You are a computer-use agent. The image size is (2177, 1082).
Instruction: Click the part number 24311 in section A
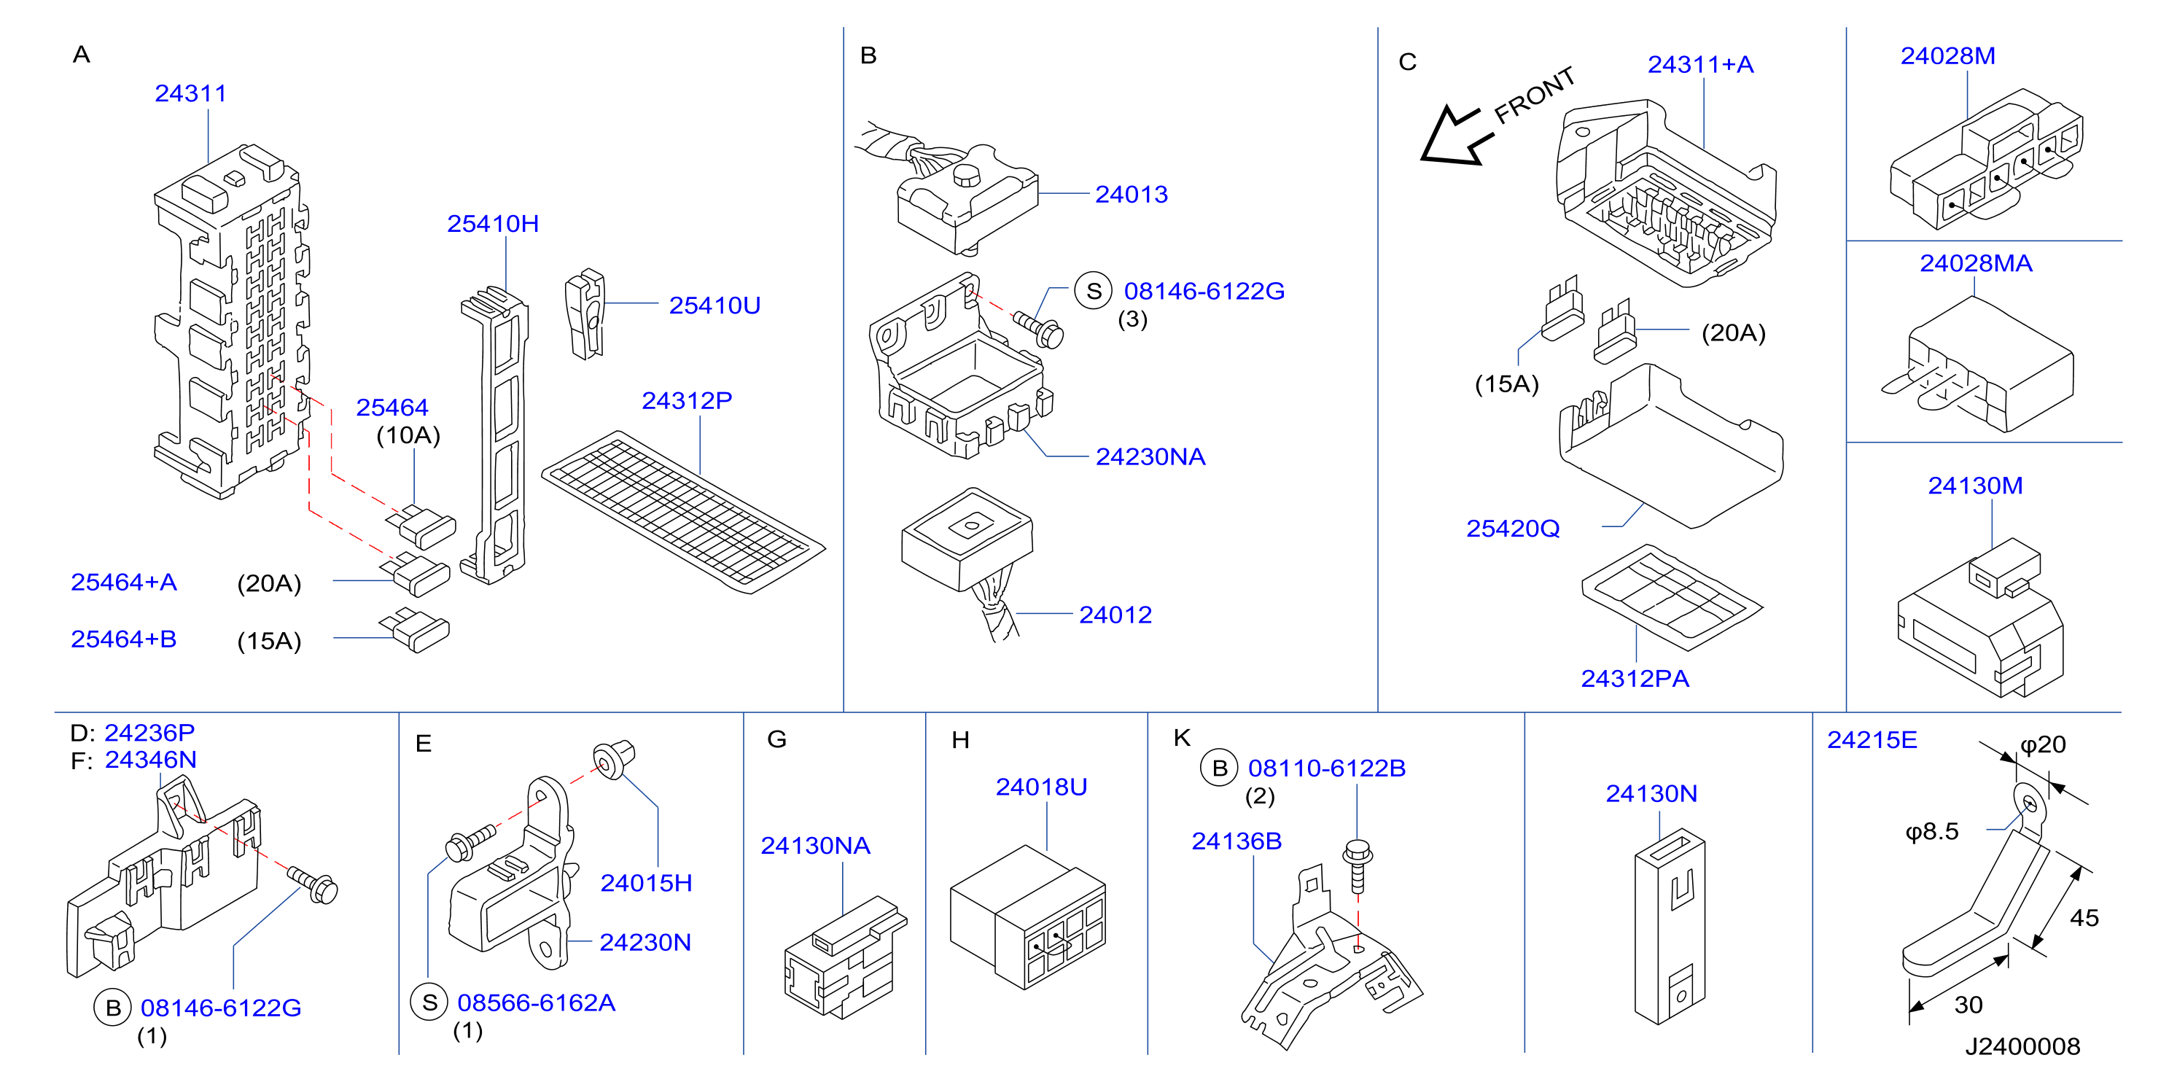(x=190, y=93)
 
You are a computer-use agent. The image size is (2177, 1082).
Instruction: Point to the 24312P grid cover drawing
(x=683, y=511)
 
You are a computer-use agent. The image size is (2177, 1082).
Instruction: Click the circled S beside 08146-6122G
(x=1093, y=291)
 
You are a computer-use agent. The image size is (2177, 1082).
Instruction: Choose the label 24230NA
(x=1150, y=456)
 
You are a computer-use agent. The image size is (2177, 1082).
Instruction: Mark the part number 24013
(x=1132, y=195)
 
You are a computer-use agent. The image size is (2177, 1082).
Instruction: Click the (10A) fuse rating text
(x=408, y=435)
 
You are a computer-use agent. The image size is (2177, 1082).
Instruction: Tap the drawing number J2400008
(x=2022, y=1046)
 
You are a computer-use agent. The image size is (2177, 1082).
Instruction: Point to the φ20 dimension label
(x=2043, y=744)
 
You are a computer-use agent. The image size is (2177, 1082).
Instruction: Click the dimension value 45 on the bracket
(x=2084, y=918)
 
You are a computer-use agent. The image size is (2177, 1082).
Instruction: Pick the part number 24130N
(x=1651, y=794)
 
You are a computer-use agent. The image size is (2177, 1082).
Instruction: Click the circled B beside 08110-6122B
(x=1220, y=768)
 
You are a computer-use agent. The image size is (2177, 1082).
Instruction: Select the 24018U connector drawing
(x=1028, y=916)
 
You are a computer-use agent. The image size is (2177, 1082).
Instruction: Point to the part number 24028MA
(x=1976, y=263)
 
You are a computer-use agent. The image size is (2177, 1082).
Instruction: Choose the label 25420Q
(x=1513, y=529)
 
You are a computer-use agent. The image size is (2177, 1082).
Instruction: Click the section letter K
(x=1182, y=738)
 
